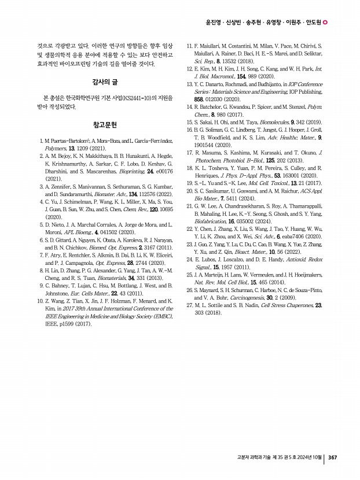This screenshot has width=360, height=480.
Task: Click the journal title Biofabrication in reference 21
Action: (x=211, y=220)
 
